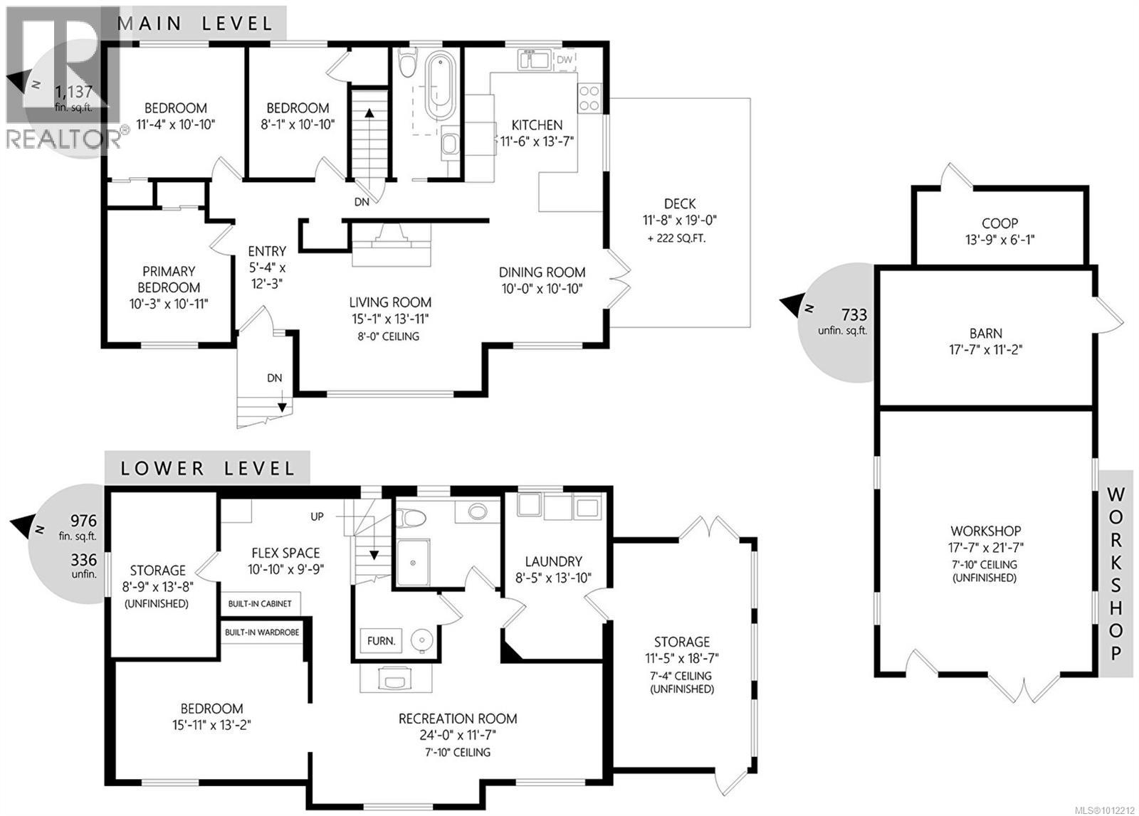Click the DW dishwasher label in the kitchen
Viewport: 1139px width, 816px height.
coord(564,60)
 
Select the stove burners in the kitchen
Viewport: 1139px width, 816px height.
coord(589,98)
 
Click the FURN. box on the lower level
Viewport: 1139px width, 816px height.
coord(382,641)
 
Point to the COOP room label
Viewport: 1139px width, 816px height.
coord(999,223)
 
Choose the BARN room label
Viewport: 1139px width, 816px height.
coord(986,333)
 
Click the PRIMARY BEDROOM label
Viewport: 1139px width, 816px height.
coord(169,280)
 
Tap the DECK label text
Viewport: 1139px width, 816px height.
coord(680,204)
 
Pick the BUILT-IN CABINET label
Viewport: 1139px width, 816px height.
coord(260,604)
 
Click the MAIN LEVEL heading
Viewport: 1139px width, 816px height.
coord(196,23)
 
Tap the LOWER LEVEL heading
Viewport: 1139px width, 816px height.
coord(207,469)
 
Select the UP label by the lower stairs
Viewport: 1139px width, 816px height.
coord(317,516)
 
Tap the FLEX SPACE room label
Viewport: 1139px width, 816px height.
coord(285,553)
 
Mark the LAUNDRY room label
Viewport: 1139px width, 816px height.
coord(554,561)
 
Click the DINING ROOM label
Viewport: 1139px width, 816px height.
coord(542,272)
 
